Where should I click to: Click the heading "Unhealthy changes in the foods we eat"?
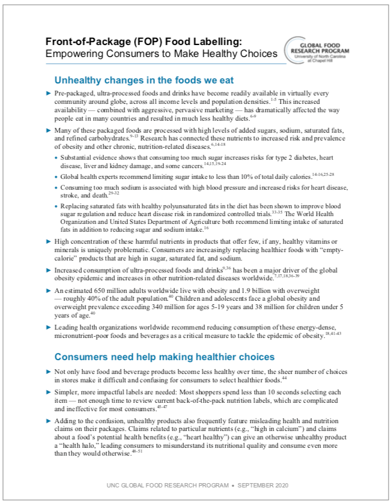point(144,80)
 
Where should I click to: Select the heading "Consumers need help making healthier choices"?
point(156,357)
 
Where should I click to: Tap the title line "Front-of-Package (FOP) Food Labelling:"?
point(144,42)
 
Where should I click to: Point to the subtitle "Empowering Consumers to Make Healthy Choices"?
point(162,54)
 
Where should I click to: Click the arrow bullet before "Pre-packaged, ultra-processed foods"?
point(49,94)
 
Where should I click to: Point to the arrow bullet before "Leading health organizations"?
point(49,327)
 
